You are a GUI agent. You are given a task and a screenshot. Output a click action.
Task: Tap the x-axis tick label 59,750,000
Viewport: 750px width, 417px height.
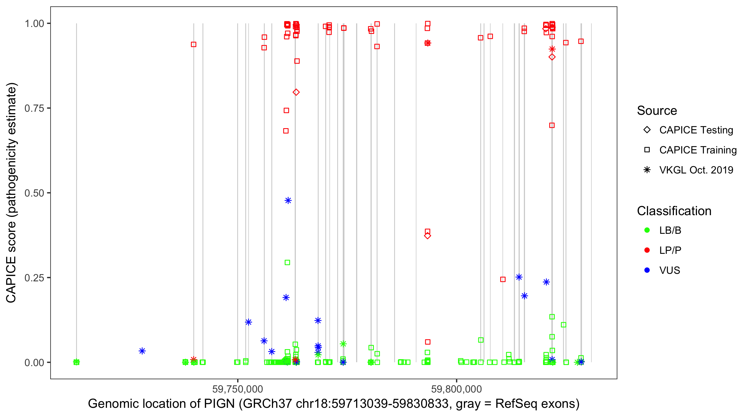coord(237,389)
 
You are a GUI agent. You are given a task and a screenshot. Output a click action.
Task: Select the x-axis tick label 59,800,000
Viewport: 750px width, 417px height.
coord(456,389)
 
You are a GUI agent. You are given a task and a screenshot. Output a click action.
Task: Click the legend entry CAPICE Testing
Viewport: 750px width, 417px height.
coord(696,130)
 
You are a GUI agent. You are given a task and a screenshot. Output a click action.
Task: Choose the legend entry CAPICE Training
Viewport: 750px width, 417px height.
coord(697,150)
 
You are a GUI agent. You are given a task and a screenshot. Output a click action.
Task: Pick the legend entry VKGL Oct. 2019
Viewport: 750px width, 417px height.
coord(696,170)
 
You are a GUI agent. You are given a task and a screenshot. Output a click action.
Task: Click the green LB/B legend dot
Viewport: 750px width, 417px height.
coord(647,230)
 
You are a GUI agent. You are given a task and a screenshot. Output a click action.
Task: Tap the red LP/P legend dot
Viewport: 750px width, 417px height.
coord(647,250)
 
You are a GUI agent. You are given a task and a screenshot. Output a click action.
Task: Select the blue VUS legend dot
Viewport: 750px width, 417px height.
coord(647,270)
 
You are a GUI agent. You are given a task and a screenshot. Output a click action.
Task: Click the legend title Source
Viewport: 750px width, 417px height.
coord(657,111)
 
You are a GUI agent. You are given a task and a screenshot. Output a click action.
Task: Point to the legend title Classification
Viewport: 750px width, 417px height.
coord(674,211)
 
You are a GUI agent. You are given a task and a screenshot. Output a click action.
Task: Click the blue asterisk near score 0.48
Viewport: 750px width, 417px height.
coord(288,200)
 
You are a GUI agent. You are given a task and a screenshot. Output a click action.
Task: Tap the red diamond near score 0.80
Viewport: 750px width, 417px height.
coord(296,92)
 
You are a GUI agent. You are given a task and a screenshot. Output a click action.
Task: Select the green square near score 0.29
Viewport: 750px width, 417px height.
coord(287,262)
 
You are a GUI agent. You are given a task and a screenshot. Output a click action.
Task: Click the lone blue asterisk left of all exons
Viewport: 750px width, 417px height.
coord(142,351)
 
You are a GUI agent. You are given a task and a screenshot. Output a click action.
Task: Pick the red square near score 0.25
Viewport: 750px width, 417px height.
coord(503,279)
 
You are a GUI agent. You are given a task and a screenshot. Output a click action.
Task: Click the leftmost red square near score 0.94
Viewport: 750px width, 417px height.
coord(194,44)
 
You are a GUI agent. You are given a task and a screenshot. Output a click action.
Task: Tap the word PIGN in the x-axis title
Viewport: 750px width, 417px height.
coord(219,404)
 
